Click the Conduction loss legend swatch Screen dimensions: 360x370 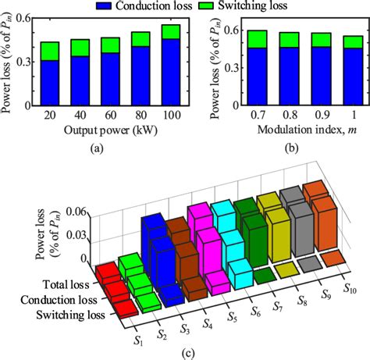click(104, 5)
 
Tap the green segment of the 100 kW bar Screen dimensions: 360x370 click(168, 31)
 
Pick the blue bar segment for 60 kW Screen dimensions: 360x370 click(109, 79)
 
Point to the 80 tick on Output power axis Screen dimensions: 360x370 click(139, 113)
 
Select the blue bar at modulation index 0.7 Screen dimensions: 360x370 click(233, 76)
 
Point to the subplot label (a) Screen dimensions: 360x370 click(109, 144)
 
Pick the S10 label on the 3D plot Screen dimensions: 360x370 click(349, 271)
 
